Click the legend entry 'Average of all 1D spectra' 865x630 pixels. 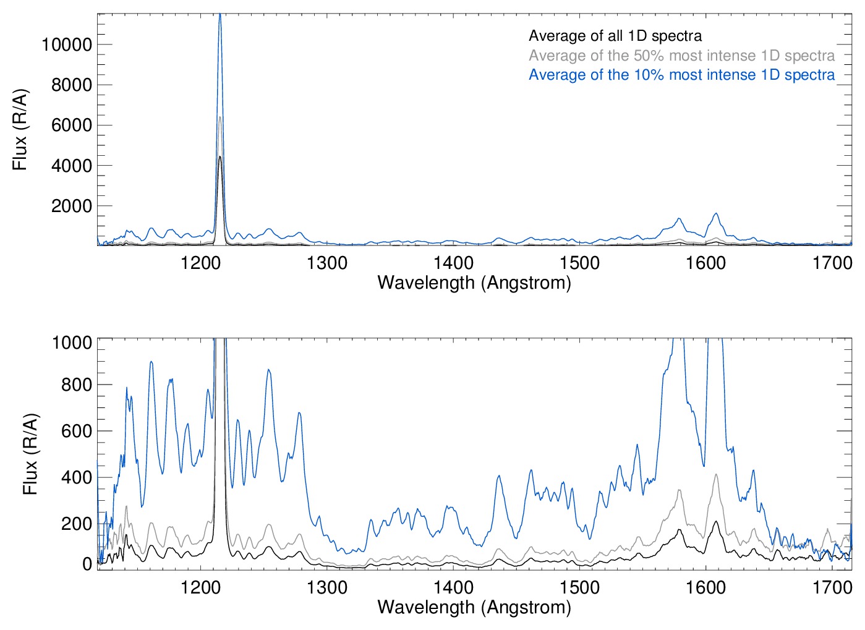click(615, 36)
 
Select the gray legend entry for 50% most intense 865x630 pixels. click(681, 56)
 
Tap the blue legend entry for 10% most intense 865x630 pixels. click(681, 75)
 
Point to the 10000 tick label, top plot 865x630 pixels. click(66, 45)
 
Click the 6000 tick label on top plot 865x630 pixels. click(71, 125)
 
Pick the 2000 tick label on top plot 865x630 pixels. click(71, 206)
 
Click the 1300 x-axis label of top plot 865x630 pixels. click(327, 263)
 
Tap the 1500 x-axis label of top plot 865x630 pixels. click(579, 263)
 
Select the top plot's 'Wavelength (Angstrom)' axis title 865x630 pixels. click(474, 283)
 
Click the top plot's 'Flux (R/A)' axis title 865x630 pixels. click(20, 130)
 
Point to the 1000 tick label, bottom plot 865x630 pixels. click(72, 342)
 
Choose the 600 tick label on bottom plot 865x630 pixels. click(77, 431)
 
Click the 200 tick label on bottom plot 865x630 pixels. click(77, 524)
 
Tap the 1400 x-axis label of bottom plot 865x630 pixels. click(453, 587)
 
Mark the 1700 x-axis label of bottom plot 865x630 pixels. click(832, 587)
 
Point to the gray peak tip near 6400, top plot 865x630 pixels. click(219, 117)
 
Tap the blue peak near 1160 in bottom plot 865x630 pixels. click(151, 362)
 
